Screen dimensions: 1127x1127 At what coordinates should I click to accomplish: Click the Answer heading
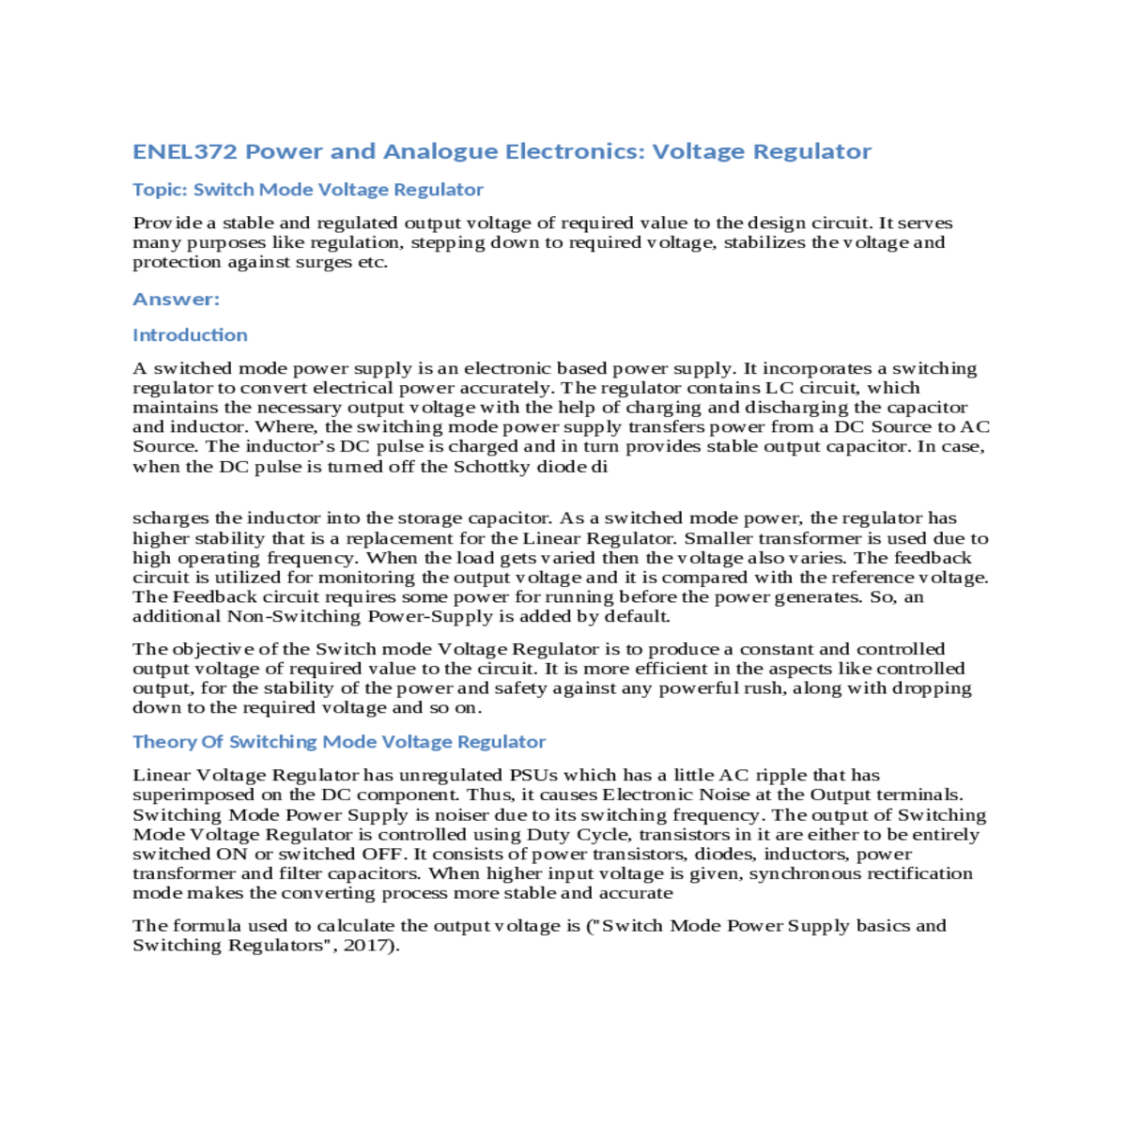176,300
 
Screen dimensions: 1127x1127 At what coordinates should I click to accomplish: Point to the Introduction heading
190,335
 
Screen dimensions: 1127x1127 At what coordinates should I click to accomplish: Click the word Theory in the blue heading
163,742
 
